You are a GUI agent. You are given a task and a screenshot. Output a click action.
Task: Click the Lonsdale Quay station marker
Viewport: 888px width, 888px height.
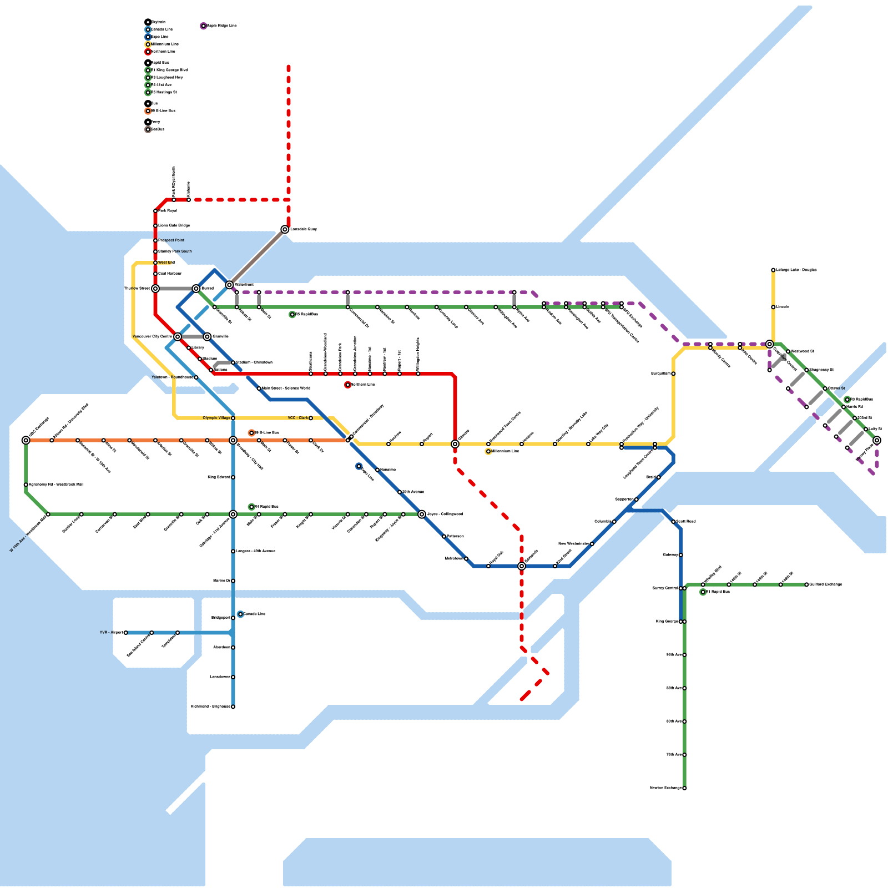tap(285, 229)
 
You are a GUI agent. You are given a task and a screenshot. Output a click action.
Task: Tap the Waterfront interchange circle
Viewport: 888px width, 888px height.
tap(230, 285)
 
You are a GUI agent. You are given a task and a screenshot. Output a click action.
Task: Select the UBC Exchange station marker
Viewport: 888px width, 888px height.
tap(26, 440)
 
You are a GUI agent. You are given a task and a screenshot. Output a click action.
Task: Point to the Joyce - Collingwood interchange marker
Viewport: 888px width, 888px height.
tap(422, 514)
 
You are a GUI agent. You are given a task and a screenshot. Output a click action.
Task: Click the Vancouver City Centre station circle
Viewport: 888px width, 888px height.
tap(178, 336)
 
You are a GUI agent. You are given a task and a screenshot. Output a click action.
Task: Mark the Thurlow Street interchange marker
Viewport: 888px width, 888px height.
tap(155, 289)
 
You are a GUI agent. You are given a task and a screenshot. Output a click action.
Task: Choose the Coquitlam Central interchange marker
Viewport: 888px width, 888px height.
tap(769, 344)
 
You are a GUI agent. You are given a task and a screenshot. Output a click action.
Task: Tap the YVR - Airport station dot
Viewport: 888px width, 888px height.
tap(126, 633)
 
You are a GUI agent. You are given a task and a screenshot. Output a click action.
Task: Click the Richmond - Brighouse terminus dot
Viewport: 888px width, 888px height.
tap(233, 707)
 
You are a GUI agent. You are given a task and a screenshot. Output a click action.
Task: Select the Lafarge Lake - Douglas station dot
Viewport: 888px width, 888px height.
tap(773, 270)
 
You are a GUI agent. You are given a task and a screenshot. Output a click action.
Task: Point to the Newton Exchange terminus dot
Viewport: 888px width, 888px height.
tap(684, 788)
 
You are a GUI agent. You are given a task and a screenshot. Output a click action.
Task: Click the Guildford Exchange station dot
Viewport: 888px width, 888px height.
tap(806, 584)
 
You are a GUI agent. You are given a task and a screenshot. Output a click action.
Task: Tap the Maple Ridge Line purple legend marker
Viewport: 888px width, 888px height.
tap(204, 26)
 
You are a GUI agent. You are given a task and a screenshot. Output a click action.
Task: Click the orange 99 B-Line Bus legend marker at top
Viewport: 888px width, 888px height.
tap(148, 111)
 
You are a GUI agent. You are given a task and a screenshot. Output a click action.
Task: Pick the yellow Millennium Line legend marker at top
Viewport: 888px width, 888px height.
tap(148, 44)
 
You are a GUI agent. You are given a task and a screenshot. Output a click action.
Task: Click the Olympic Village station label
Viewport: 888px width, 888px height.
tap(216, 418)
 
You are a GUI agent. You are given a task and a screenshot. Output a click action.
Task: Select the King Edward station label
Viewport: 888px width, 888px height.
tap(219, 477)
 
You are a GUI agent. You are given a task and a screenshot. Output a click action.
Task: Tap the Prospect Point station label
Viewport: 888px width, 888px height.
tap(171, 240)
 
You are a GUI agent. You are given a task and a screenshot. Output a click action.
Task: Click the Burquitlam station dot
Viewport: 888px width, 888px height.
tap(673, 374)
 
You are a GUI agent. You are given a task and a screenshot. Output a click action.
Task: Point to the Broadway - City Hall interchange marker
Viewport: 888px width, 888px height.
tap(233, 440)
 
